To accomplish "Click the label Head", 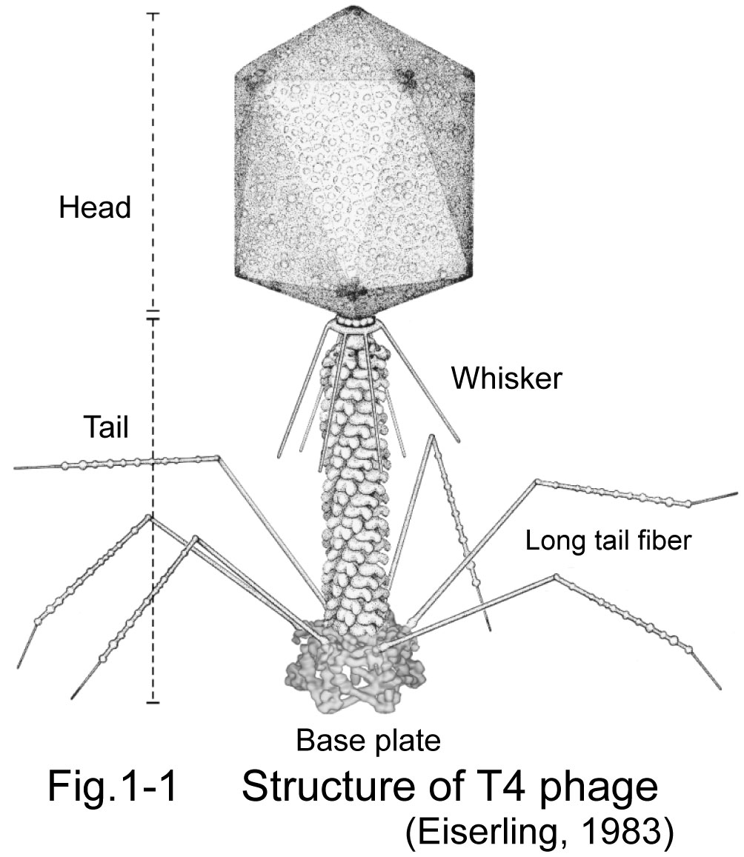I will click(95, 208).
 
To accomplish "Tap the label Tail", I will click(106, 427).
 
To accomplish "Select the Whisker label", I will click(508, 379).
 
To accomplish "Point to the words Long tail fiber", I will click(608, 541).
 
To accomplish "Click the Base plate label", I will click(368, 738).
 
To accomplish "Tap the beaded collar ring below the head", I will click(353, 323).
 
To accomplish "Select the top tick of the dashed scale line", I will click(153, 14).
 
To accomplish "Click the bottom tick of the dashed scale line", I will click(153, 701).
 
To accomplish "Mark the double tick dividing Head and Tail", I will click(153, 316).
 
